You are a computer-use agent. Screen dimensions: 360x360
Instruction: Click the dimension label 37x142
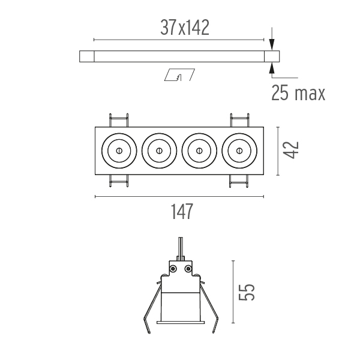[x=185, y=28]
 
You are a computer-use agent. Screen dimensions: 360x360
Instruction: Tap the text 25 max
[x=298, y=93]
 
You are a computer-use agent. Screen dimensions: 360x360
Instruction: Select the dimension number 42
[x=290, y=150]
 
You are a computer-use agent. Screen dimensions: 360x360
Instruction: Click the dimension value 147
[x=182, y=211]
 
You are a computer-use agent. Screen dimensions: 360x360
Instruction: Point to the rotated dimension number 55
[x=247, y=292]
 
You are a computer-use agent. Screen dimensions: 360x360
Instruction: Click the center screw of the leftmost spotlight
[x=119, y=151]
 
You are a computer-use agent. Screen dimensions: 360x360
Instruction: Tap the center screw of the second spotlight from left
[x=159, y=151]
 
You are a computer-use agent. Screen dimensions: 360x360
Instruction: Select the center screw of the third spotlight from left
[x=199, y=151]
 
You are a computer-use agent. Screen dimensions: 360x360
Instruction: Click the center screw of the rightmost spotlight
[x=239, y=151]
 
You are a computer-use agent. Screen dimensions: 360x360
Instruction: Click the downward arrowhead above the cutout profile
[x=272, y=44]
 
